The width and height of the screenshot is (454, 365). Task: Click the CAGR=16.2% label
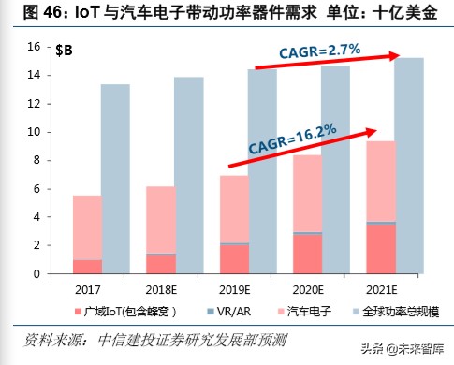coord(293,133)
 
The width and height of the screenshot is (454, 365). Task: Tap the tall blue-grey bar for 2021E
coord(410,164)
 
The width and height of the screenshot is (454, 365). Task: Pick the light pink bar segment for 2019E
coord(234,209)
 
